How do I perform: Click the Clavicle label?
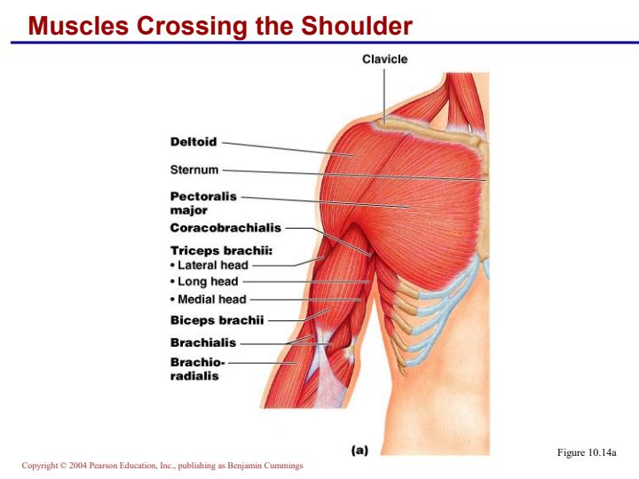click(384, 59)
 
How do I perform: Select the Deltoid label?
click(193, 142)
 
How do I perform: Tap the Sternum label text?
click(194, 169)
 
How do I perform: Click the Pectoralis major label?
click(203, 203)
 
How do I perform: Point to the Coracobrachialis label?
click(225, 228)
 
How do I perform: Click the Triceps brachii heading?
click(221, 250)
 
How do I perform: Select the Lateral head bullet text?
click(209, 265)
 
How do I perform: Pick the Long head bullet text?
click(205, 281)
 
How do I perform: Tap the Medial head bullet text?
click(209, 300)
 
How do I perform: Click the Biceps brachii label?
click(217, 320)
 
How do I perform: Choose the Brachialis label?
click(203, 342)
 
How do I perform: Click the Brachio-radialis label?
click(198, 369)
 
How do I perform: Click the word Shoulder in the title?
click(357, 25)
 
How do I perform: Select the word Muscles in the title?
click(78, 25)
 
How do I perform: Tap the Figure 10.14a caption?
click(587, 452)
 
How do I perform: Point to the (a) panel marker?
click(359, 450)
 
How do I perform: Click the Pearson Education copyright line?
click(162, 465)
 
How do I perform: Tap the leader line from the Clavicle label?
click(384, 95)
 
